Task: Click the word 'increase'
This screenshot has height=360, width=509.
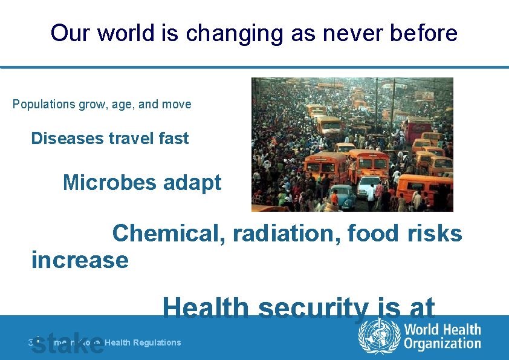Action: pyautogui.click(x=80, y=260)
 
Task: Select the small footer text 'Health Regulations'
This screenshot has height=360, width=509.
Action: pyautogui.click(x=143, y=342)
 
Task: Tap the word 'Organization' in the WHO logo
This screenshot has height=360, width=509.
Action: pyautogui.click(x=443, y=344)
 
